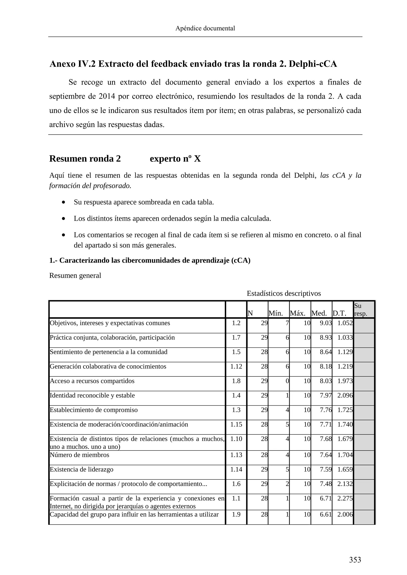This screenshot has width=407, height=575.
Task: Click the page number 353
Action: [x=355, y=560]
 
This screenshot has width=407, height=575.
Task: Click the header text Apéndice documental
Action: [x=205, y=28]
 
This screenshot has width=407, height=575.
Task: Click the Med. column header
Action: [x=319, y=313]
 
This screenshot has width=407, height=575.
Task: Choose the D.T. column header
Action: [x=339, y=313]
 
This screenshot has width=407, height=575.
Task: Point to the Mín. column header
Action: [x=275, y=313]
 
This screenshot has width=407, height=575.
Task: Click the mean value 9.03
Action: [x=326, y=323]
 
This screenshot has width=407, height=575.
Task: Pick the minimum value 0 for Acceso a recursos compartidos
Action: [x=287, y=381]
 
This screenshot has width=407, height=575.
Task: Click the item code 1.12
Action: [x=236, y=366]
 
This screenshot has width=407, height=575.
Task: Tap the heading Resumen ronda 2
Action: [x=85, y=159]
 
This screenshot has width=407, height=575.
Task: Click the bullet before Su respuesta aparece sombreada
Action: [x=64, y=202]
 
